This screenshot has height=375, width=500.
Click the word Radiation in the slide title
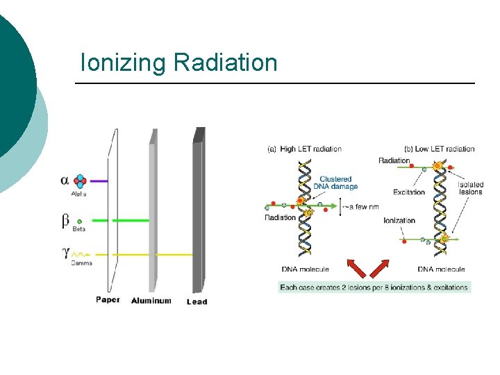coord(226,62)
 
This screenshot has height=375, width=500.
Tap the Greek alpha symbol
coord(65,180)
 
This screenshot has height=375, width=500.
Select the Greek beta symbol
coord(65,221)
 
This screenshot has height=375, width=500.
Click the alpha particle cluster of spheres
coord(81,181)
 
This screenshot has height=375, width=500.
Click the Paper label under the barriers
coord(108,300)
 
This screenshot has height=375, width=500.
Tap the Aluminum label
coord(151,301)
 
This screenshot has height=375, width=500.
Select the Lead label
coord(197,301)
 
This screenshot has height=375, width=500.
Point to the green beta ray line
coord(118,221)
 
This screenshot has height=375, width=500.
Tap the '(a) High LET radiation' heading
coord(304,149)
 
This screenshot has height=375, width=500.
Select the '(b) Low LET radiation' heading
coord(439,149)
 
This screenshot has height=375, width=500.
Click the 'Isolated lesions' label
coord(471,188)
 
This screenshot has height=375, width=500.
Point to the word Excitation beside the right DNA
coord(409,192)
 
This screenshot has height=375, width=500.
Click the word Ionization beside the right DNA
coord(399,221)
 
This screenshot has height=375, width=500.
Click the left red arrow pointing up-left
coord(358,267)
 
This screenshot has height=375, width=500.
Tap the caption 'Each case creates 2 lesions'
coord(374,287)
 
